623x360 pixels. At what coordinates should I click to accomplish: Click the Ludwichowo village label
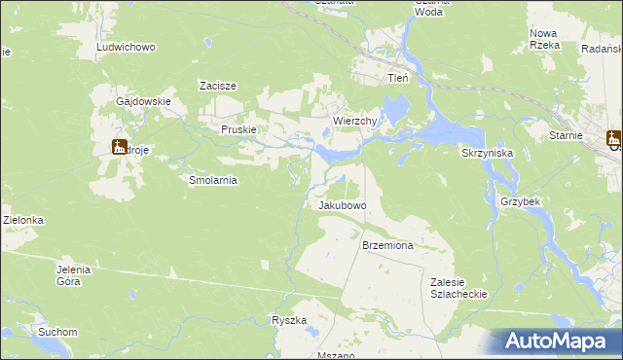tap(127, 47)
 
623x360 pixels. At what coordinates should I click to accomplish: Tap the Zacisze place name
tap(218, 86)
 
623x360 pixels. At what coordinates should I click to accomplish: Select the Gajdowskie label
tap(143, 101)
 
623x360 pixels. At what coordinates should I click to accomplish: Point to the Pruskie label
tap(238, 129)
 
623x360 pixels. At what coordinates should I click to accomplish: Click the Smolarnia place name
tap(213, 180)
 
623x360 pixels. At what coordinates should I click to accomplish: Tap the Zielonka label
tap(22, 221)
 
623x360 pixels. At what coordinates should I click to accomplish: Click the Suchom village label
tap(57, 332)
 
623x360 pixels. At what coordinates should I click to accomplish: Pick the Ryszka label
tap(289, 320)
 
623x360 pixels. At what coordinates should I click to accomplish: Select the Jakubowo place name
tap(342, 206)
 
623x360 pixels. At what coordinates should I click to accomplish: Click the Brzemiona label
tap(387, 246)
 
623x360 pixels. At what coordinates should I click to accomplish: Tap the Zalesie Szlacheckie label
tap(458, 287)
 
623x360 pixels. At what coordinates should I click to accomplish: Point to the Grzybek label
tap(520, 200)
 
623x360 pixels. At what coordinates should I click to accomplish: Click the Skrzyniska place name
tap(487, 154)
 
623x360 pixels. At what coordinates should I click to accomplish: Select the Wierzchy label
tap(354, 121)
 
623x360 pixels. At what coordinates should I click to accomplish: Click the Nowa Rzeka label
tap(543, 39)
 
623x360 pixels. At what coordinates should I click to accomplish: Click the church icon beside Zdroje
tap(120, 148)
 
